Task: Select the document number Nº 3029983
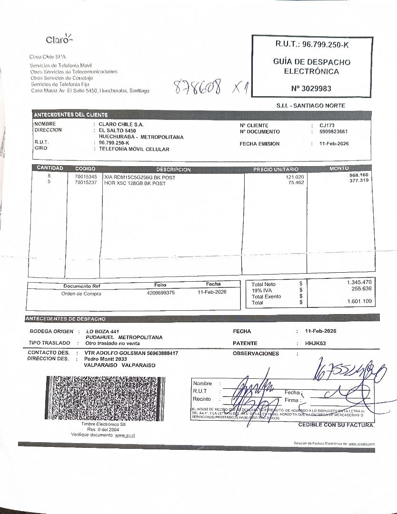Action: pyautogui.click(x=311, y=88)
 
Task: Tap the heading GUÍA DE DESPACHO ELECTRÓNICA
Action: pyautogui.click(x=312, y=67)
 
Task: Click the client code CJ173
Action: pyautogui.click(x=327, y=126)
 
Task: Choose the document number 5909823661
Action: pyautogui.click(x=333, y=132)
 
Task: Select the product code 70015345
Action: pyautogui.click(x=86, y=177)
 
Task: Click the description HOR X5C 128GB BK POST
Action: pyautogui.click(x=135, y=183)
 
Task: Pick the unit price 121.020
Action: pyautogui.click(x=295, y=177)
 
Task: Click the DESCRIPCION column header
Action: pyautogui.click(x=173, y=169)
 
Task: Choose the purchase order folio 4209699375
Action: pyautogui.click(x=161, y=293)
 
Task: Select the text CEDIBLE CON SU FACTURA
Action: pyautogui.click(x=336, y=425)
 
